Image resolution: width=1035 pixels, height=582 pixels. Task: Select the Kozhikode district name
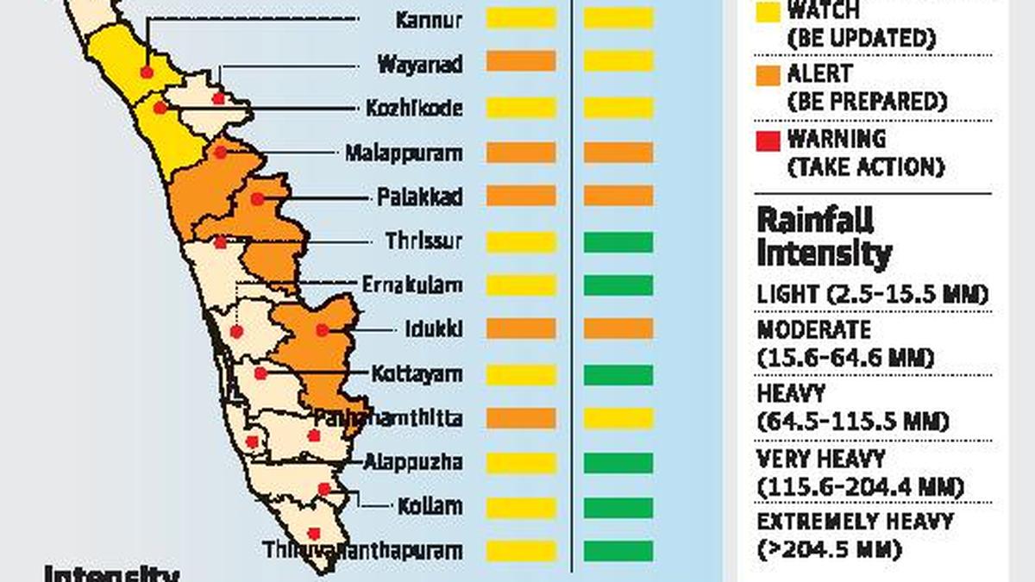point(414,109)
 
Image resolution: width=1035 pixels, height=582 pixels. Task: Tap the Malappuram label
point(403,153)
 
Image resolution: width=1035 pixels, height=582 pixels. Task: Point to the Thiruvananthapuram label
point(362,550)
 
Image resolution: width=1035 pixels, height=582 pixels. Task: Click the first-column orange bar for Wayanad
point(520,61)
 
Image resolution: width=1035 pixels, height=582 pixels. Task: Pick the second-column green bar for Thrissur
point(618,242)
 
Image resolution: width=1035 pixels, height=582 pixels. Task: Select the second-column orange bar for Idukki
point(618,329)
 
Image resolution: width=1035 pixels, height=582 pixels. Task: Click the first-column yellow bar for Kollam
point(520,507)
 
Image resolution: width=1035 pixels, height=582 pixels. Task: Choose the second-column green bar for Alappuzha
point(618,463)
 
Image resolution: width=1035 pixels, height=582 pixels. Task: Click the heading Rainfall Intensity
point(825,237)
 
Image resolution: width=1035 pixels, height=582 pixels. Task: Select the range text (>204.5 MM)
point(829,549)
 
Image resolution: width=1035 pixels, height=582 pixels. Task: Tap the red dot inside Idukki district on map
point(322,329)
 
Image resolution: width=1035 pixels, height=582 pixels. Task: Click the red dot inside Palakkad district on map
point(257,199)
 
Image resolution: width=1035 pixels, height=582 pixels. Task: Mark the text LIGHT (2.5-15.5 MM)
point(871,295)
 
